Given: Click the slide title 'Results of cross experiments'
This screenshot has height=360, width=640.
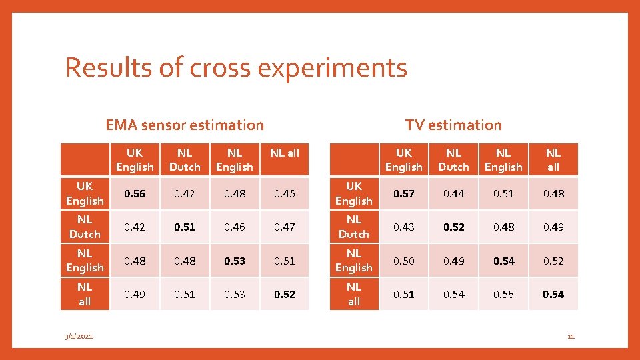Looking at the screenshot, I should tap(236, 68).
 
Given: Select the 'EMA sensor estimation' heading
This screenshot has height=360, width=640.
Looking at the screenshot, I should tap(185, 125).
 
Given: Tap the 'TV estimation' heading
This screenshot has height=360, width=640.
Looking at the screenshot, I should tap(453, 125).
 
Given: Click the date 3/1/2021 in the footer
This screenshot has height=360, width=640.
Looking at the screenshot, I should tap(79, 337).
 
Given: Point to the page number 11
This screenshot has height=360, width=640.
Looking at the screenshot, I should tap(571, 337).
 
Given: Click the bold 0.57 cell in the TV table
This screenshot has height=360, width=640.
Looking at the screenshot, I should tap(403, 193).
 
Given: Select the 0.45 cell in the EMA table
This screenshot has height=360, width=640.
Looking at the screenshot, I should tap(285, 193).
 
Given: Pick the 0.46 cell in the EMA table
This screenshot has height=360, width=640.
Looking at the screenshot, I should tap(235, 227).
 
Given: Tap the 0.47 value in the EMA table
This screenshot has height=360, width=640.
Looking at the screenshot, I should tap(285, 227).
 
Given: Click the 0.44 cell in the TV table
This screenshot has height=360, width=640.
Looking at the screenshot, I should tap(453, 193).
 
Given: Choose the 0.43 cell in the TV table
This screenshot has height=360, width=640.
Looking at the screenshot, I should tap(403, 227).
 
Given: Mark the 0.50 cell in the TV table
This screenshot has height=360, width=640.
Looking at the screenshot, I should tap(403, 261).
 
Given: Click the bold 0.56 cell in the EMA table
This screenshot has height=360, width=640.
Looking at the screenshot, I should tap(135, 193).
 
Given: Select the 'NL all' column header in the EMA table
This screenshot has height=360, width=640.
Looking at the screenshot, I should tap(285, 153).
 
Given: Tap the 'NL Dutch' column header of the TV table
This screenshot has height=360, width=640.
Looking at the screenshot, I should tap(453, 160).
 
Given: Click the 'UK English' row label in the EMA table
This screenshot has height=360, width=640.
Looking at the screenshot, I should tap(85, 193).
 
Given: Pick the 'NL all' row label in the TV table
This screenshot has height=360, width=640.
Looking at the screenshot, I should tap(353, 294).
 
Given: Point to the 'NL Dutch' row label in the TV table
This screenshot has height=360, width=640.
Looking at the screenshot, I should tap(353, 227).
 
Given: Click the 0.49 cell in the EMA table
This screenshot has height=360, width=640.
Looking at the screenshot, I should tap(135, 294).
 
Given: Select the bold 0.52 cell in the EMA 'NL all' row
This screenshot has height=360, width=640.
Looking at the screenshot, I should tap(285, 294).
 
